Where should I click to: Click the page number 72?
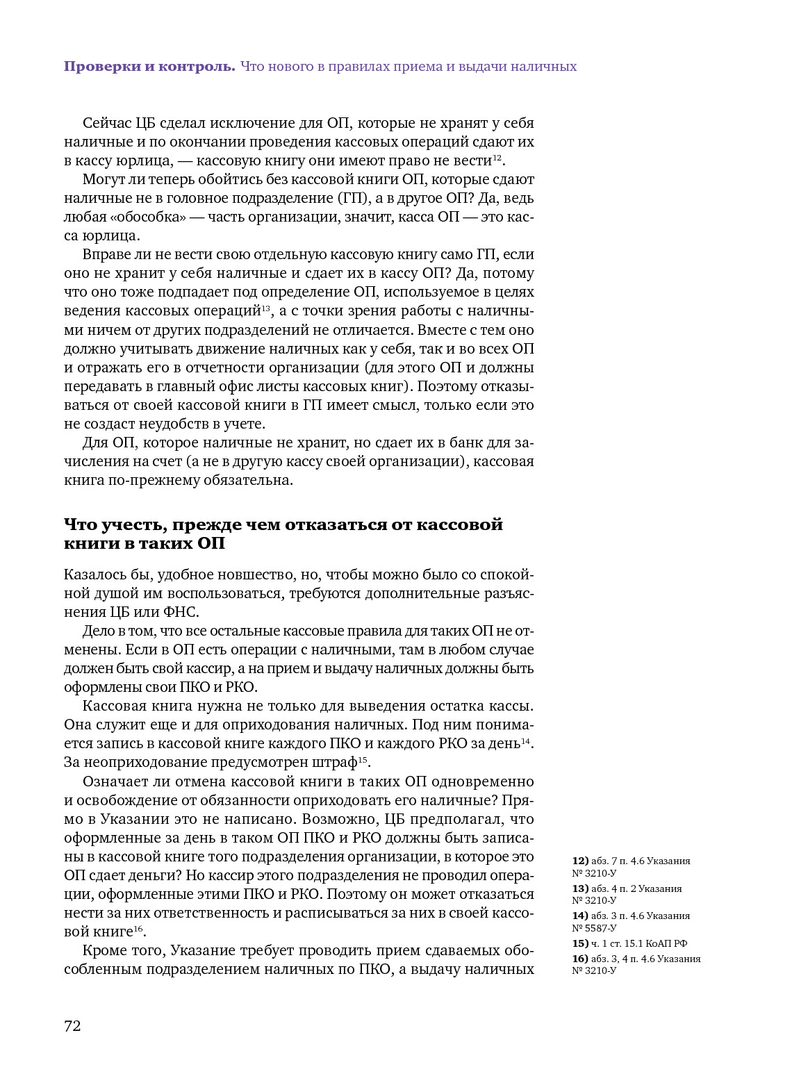pyautogui.click(x=72, y=1026)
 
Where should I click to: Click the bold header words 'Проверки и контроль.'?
pyautogui.click(x=149, y=67)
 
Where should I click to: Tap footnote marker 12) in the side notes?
pyautogui.click(x=580, y=861)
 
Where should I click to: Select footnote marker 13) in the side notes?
pyautogui.click(x=580, y=888)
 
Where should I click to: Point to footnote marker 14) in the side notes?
pyautogui.click(x=580, y=916)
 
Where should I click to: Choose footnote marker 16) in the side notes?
pyautogui.click(x=580, y=959)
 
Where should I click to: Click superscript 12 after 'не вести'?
pyautogui.click(x=497, y=158)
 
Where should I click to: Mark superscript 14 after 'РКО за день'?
pyautogui.click(x=526, y=741)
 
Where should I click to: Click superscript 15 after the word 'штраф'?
pyautogui.click(x=363, y=759)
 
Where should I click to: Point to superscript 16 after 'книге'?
pyautogui.click(x=138, y=928)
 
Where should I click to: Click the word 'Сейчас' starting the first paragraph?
pyautogui.click(x=106, y=124)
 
